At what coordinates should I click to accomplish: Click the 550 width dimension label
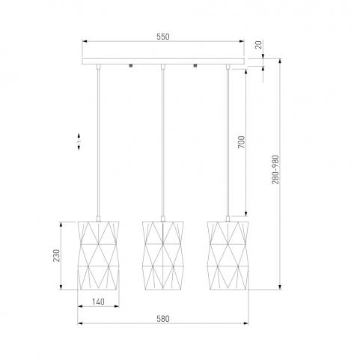point(163,37)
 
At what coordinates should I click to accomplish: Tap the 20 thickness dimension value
point(259,45)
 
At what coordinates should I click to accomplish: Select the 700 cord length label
point(241,142)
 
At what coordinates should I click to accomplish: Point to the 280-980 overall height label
point(275,170)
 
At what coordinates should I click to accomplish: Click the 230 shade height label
point(57,255)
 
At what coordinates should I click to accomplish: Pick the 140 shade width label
point(98,302)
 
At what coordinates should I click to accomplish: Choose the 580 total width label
point(163,319)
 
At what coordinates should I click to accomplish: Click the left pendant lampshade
point(98,255)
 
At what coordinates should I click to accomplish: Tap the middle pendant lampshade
point(163,255)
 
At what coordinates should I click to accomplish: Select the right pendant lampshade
point(228,255)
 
